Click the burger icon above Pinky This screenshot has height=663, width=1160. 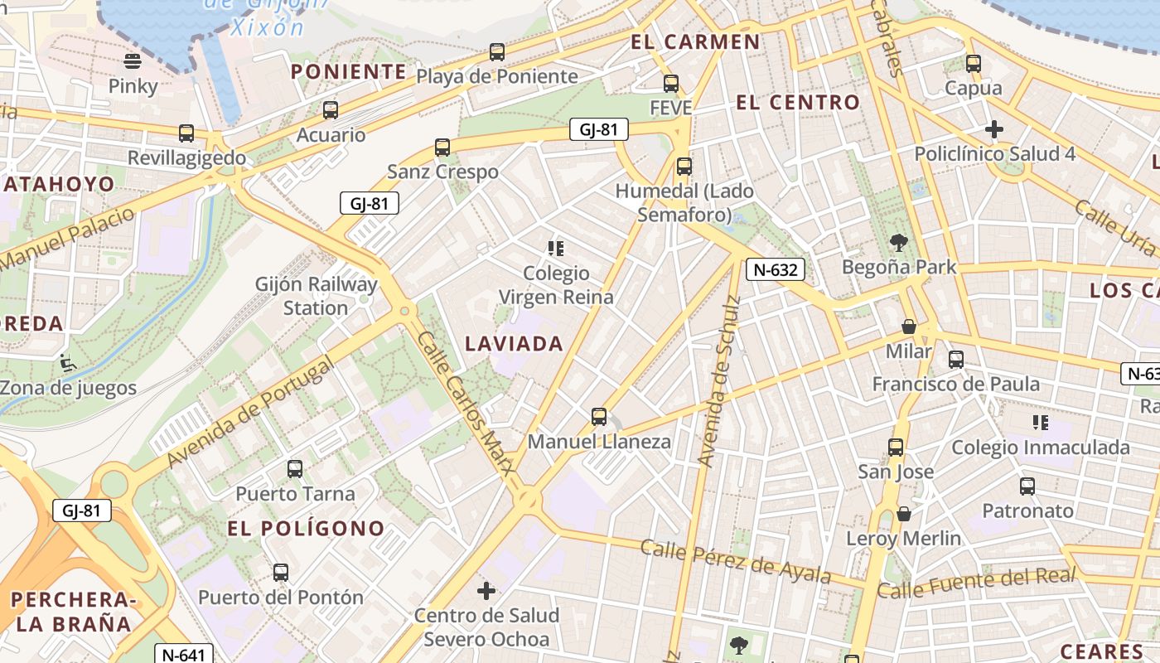(133, 60)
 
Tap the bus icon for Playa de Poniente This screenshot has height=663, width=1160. (497, 51)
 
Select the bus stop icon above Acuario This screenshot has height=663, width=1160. (331, 109)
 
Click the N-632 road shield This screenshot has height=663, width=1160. (776, 269)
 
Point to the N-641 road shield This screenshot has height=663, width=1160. (183, 654)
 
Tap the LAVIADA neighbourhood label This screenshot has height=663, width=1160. (514, 343)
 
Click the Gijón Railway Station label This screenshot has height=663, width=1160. (317, 296)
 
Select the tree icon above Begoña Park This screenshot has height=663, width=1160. (899, 242)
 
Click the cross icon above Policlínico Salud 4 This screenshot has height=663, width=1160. (994, 129)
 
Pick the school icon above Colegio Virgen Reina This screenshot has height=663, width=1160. (556, 248)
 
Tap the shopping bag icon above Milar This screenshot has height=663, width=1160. (909, 327)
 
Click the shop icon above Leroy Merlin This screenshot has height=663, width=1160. (904, 514)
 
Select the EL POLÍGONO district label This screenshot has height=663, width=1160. (306, 528)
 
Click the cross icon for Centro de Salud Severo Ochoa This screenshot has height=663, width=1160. (486, 591)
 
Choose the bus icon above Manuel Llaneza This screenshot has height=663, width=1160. (599, 416)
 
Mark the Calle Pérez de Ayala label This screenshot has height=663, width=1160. (735, 562)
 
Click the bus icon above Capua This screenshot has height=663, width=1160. (974, 63)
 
